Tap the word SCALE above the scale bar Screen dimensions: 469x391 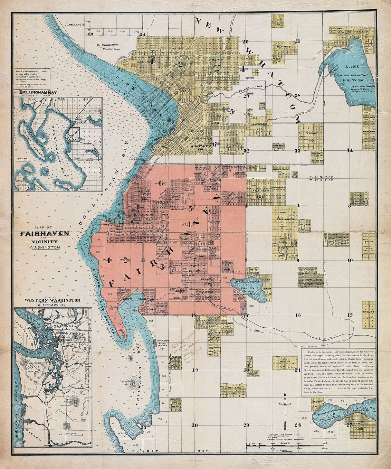pos(285,443)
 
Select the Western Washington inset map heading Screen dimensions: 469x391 pos(53,300)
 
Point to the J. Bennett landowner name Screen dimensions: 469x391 pos(74,24)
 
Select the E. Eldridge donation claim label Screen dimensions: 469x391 pos(107,45)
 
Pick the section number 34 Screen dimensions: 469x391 pos(350,150)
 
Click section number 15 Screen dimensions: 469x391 pos(350,315)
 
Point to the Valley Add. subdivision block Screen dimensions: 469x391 pos(369,315)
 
